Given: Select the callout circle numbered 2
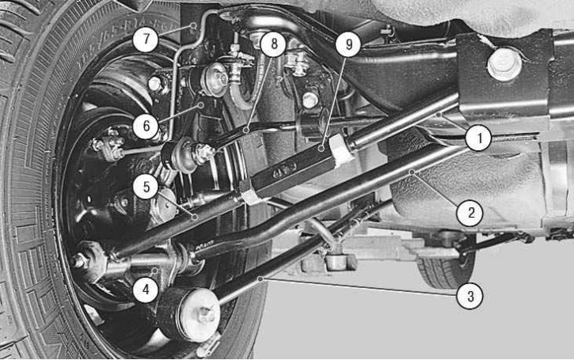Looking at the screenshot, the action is (x=470, y=213).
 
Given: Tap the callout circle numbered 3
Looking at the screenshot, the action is (x=470, y=296).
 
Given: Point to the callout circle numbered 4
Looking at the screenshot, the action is (x=146, y=290).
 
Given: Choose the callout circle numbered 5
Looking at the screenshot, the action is (x=146, y=186).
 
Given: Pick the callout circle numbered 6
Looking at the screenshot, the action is (x=146, y=126).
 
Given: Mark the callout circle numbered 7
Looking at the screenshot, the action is (x=146, y=39).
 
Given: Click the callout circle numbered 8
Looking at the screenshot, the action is (x=274, y=44).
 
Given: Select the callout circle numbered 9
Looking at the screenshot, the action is (x=348, y=44).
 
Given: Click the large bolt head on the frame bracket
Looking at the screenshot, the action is (x=504, y=64).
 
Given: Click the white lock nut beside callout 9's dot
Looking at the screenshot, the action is (x=342, y=149).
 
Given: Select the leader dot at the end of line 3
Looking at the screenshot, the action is (x=260, y=279).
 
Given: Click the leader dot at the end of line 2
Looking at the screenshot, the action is (x=412, y=171).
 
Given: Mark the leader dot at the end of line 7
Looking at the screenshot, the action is (x=194, y=25).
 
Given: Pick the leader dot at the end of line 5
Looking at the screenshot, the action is (x=195, y=217).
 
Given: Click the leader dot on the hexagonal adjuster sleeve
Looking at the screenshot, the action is (x=321, y=148).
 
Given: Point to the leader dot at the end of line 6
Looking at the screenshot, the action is (x=200, y=105).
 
